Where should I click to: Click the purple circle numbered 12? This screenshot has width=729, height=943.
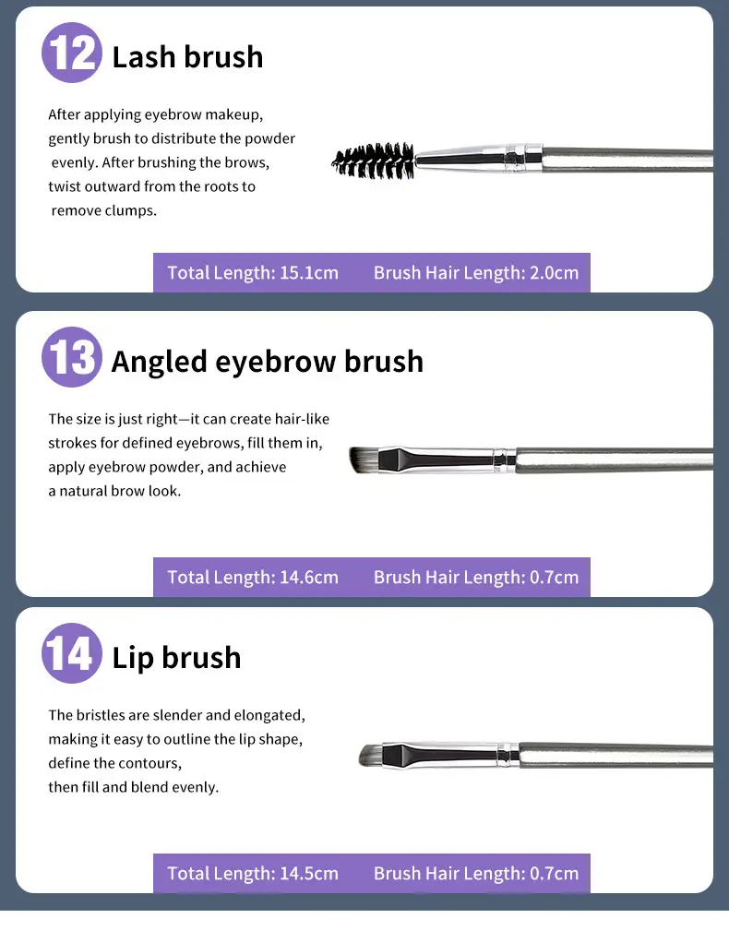(72, 53)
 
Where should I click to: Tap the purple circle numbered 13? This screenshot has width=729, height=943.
(72, 357)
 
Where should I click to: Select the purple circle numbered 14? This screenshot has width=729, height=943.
(72, 653)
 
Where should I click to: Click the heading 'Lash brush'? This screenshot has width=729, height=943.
(187, 57)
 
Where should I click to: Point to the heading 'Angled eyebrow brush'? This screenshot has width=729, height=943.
(268, 362)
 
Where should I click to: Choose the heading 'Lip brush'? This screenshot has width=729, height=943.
(177, 657)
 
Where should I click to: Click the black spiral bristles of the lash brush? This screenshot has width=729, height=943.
(373, 161)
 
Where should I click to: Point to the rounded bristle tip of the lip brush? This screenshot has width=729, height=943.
(371, 756)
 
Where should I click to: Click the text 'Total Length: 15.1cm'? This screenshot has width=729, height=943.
(253, 273)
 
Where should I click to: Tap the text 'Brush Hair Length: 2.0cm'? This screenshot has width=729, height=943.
(476, 273)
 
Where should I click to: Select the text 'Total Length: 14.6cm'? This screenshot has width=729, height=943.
(253, 578)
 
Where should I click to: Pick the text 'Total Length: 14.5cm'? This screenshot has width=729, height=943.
(253, 873)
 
